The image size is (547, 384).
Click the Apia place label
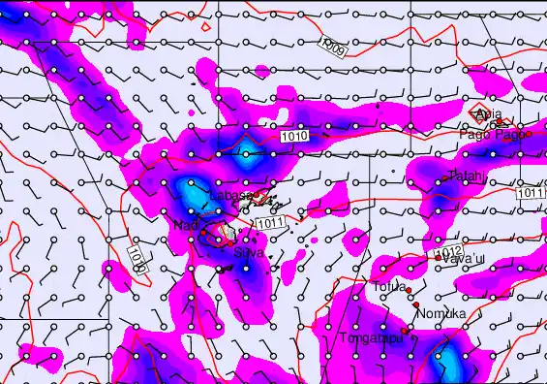click(490, 113)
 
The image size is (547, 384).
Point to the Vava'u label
click(463, 258)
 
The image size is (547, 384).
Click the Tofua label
click(389, 287)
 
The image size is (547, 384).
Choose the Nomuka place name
click(441, 313)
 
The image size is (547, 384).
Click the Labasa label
click(231, 196)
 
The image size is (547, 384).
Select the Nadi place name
click(185, 225)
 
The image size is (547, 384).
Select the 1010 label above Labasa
click(298, 137)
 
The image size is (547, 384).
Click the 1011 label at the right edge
click(531, 194)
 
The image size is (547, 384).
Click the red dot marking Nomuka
click(416, 304)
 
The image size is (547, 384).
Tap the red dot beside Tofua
click(409, 290)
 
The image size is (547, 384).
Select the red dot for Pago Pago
click(529, 134)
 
